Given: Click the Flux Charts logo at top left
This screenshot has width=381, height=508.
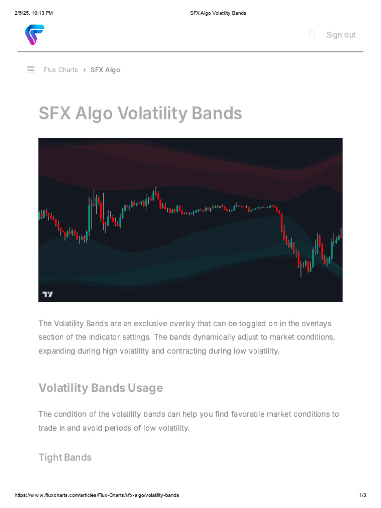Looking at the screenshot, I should [35, 35].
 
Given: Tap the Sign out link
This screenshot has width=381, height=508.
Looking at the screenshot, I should [341, 35].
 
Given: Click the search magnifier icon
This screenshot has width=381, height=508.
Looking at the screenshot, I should [312, 34].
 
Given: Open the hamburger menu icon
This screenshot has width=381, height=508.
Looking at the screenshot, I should [31, 70].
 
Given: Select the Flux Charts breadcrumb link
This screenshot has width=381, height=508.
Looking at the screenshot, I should [61, 70].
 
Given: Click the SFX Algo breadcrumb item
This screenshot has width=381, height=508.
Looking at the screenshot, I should [105, 70].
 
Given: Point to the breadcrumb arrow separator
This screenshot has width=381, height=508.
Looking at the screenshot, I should [85, 70].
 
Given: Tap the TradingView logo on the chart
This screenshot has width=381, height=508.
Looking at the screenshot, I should [47, 294].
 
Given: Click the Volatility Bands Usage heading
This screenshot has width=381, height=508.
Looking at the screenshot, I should [100, 388].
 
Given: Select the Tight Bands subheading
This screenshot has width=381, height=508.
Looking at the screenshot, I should [65, 457].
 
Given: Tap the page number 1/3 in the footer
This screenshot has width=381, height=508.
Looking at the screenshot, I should [362, 495].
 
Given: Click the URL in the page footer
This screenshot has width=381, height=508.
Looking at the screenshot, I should [97, 495].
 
